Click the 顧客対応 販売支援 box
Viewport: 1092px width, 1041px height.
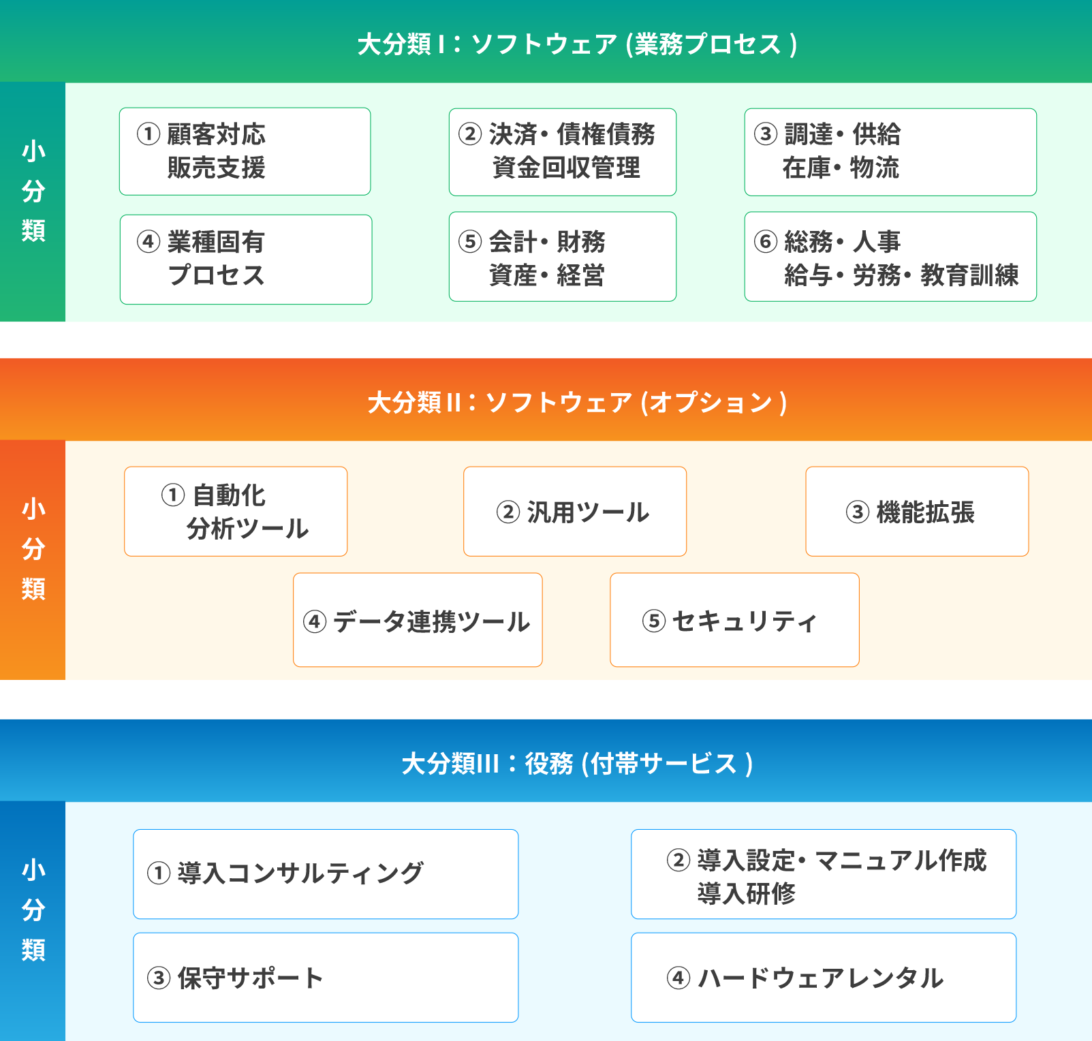tap(245, 151)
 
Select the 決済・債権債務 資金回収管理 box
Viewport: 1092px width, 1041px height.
tap(563, 152)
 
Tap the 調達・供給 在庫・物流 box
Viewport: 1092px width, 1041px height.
tap(890, 152)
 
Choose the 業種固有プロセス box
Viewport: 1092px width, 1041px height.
tap(246, 260)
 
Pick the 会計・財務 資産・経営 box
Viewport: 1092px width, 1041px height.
tap(563, 257)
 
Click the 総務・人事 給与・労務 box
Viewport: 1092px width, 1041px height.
tap(890, 257)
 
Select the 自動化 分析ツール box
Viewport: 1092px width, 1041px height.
tap(236, 512)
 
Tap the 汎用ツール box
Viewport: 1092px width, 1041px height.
tap(575, 512)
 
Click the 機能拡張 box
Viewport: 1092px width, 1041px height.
tap(917, 512)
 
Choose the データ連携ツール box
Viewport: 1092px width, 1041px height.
tap(418, 620)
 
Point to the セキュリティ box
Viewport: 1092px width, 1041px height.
tap(734, 620)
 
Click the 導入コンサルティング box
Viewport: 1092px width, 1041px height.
tap(326, 874)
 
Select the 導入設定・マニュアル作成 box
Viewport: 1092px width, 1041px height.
tap(824, 874)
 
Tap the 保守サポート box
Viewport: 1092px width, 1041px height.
tap(326, 978)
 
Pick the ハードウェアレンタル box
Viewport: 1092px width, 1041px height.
tap(824, 978)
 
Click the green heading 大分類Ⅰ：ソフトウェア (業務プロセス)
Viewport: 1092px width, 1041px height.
tap(577, 44)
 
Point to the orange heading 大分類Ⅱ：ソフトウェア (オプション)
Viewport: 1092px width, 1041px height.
tap(577, 403)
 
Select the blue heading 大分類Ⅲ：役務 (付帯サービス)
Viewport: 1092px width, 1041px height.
tap(577, 764)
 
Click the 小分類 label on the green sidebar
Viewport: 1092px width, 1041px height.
tap(33, 191)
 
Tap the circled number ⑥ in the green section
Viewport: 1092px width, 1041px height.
tap(766, 241)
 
